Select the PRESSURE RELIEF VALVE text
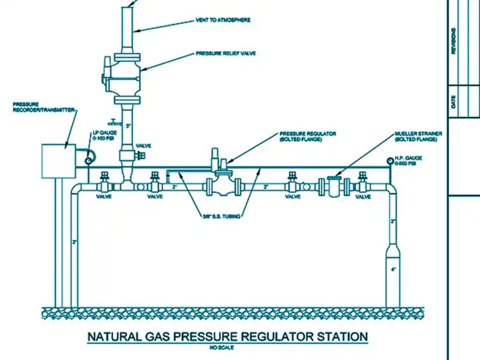click(x=226, y=53)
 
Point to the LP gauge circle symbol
click(x=89, y=159)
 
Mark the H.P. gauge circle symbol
click(x=391, y=160)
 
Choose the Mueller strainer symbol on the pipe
click(x=333, y=185)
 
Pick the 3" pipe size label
click(x=128, y=125)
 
